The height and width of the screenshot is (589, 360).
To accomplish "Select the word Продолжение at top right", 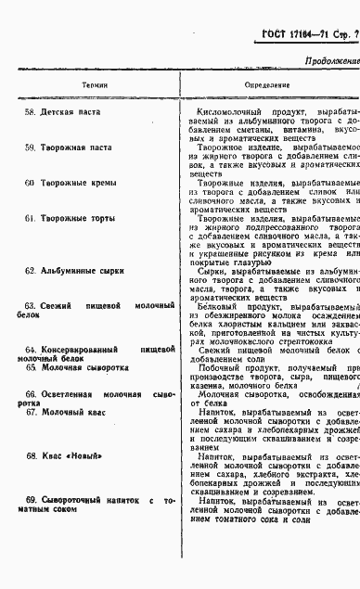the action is point(329,61).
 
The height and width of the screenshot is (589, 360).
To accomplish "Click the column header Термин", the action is point(95,84).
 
